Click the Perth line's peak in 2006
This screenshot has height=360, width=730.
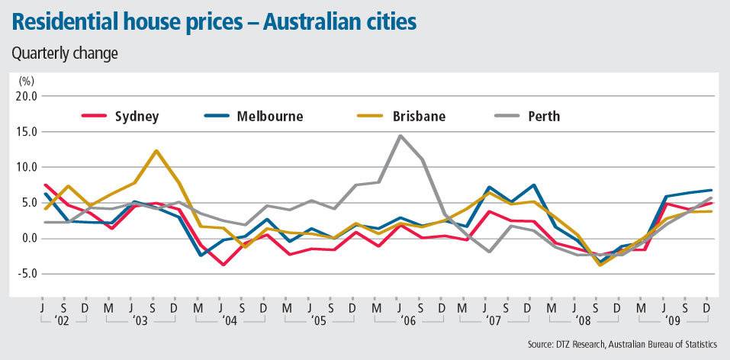point(400,136)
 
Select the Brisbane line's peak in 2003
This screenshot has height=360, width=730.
point(156,150)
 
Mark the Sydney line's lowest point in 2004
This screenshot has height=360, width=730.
point(223,265)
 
